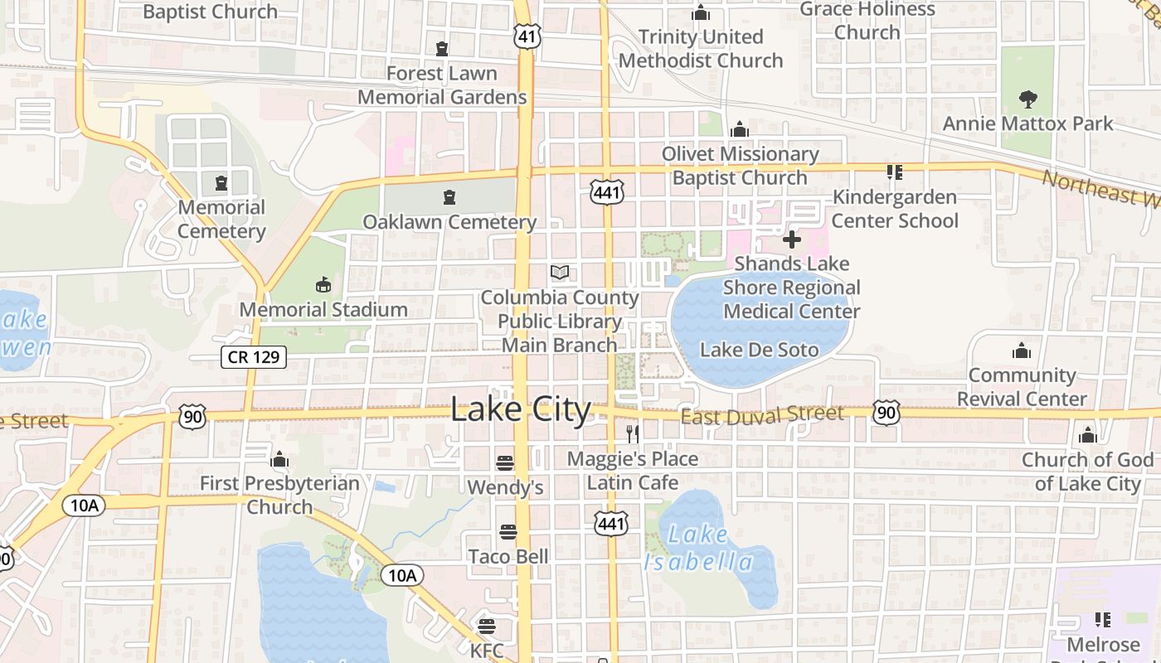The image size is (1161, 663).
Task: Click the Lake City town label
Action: click(x=521, y=409)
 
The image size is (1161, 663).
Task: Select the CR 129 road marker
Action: click(x=254, y=357)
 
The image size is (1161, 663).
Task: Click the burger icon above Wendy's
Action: click(x=504, y=462)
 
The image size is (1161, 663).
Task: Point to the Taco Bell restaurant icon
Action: click(x=508, y=531)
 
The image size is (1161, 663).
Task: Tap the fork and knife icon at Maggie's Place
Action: click(x=632, y=433)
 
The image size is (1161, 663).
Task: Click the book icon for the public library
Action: click(x=560, y=272)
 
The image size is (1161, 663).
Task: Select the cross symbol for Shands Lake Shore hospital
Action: click(x=791, y=240)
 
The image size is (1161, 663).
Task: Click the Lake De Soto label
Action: click(x=759, y=350)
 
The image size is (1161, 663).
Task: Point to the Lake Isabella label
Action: click(x=698, y=549)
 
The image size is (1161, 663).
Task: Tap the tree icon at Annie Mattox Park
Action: click(x=1028, y=99)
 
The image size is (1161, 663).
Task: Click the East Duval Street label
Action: click(x=762, y=414)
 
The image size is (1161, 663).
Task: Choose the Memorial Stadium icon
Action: click(x=323, y=285)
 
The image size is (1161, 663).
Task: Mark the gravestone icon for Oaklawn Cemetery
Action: click(x=449, y=197)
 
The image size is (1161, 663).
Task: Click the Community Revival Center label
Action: click(x=1022, y=387)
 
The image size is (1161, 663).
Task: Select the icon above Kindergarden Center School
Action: click(x=894, y=172)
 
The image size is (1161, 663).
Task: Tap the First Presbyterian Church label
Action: click(x=280, y=495)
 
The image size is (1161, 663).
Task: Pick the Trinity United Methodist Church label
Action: click(x=701, y=49)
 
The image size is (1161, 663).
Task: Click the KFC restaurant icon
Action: click(x=486, y=626)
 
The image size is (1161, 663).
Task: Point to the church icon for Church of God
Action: click(x=1087, y=436)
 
